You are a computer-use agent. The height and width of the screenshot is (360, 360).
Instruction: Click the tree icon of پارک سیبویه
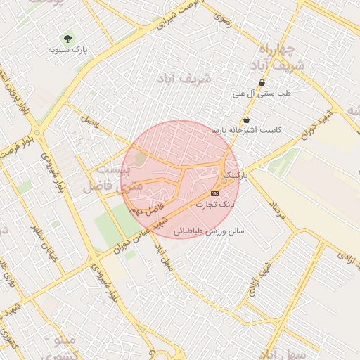[x=67, y=37]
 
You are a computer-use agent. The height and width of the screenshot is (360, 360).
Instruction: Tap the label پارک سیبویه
[x=67, y=50]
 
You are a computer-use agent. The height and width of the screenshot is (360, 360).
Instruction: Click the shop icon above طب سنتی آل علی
[x=262, y=82]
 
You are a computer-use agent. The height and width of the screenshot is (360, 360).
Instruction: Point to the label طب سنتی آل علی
[x=262, y=93]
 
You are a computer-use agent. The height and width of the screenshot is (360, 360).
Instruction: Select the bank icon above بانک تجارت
[x=214, y=193]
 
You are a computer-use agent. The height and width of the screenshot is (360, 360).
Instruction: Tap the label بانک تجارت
[x=215, y=204]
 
